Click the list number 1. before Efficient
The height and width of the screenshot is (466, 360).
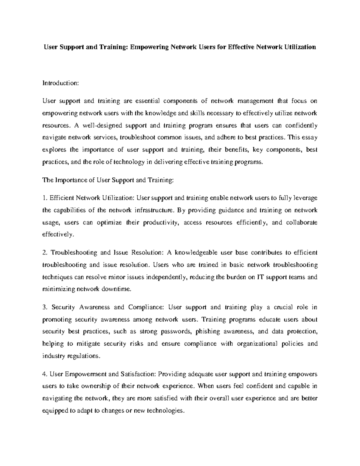[44, 198]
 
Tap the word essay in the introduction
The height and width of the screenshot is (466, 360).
[310, 138]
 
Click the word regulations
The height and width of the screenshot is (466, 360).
[87, 356]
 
